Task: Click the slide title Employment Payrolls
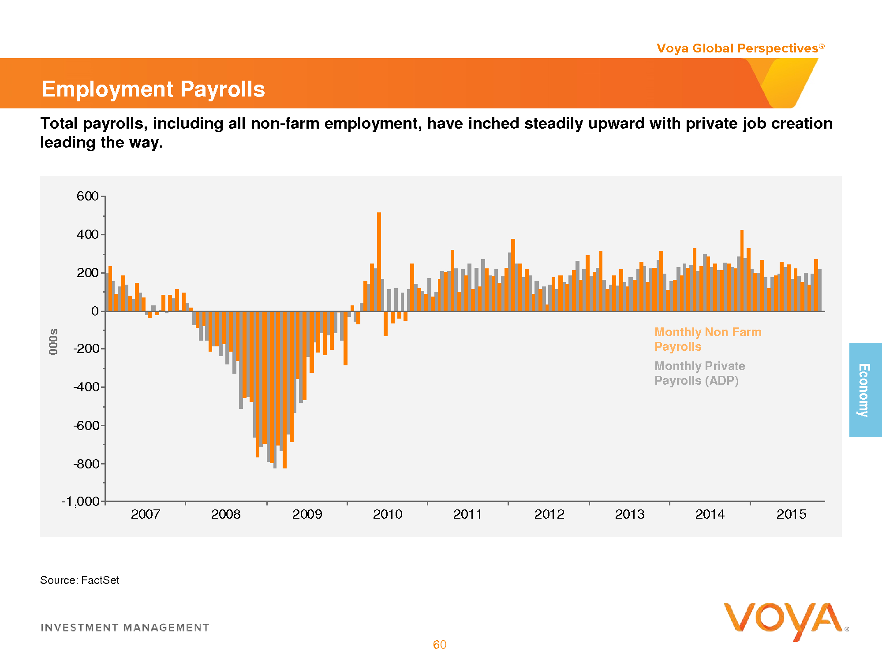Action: pyautogui.click(x=153, y=89)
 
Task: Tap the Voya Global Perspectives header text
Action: pyautogui.click(x=740, y=48)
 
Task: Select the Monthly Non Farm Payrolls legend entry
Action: pyautogui.click(x=707, y=339)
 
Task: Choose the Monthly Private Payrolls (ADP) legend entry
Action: pyautogui.click(x=699, y=373)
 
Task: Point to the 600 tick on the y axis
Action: pyautogui.click(x=88, y=196)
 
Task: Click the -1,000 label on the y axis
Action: pyautogui.click(x=81, y=501)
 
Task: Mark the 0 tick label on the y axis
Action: pyautogui.click(x=95, y=311)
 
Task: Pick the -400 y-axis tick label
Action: pyautogui.click(x=86, y=387)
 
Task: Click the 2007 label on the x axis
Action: pyautogui.click(x=146, y=514)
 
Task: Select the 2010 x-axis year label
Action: pyautogui.click(x=388, y=514)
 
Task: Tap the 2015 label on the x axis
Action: pyautogui.click(x=791, y=514)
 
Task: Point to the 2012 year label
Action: pyautogui.click(x=549, y=514)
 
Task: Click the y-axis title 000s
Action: pyautogui.click(x=53, y=342)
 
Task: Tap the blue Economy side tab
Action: pyautogui.click(x=865, y=390)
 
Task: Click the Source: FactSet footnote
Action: pyautogui.click(x=80, y=580)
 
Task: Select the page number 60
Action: pyautogui.click(x=440, y=645)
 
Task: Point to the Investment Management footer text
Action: pyautogui.click(x=125, y=628)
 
